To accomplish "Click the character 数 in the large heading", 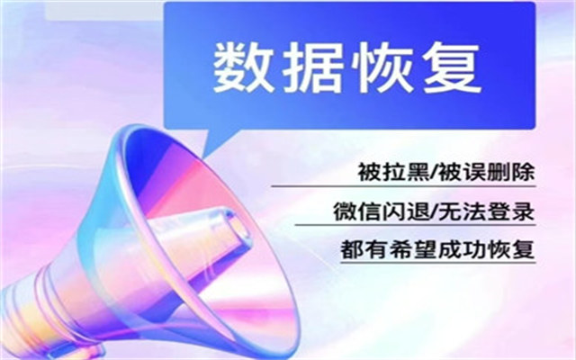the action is point(243,68).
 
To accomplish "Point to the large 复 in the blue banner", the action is point(452,68).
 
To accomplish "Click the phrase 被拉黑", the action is point(393,172).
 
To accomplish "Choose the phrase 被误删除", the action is point(487,172).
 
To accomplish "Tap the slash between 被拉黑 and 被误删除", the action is point(434,172).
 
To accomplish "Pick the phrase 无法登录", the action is point(487,211).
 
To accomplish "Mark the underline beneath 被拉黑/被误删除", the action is point(403,186).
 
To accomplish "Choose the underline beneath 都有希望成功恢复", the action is point(438,262).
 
